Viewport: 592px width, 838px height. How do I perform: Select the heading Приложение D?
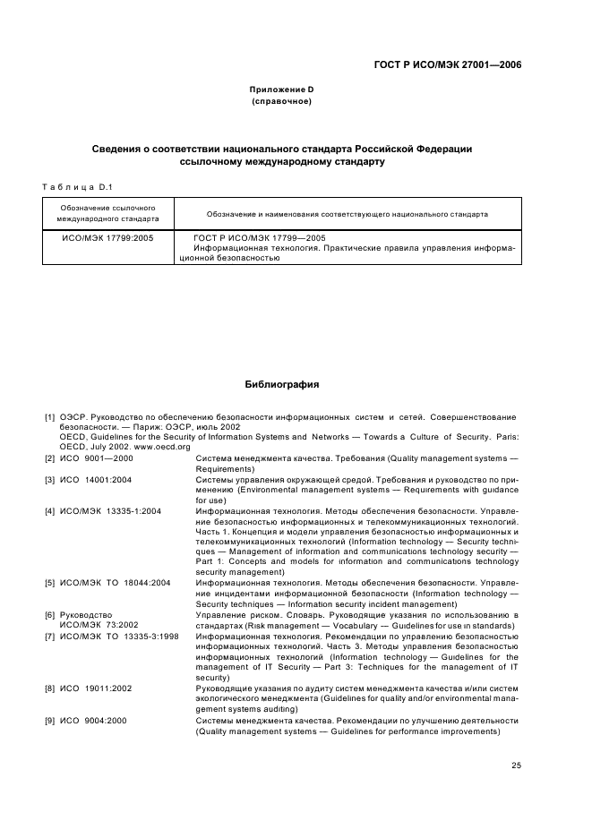281,90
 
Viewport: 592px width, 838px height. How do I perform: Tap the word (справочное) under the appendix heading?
281,101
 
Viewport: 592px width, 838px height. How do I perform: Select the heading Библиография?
282,384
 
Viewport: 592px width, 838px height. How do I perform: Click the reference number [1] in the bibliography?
50,417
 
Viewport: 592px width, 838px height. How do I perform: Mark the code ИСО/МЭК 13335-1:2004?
110,511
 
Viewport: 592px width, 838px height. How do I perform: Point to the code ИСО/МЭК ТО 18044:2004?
115,583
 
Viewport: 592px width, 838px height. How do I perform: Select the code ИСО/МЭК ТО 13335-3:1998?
119,636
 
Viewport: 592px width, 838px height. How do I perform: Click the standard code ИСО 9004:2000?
94,721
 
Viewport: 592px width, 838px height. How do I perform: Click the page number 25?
516,765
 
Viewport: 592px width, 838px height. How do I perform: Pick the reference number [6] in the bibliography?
50,615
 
